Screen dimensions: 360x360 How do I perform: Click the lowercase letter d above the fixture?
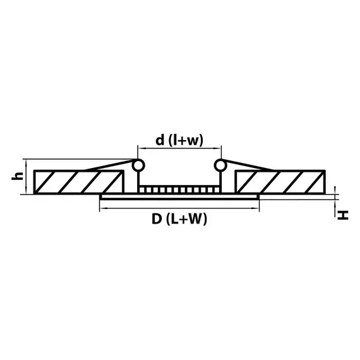tap(161, 140)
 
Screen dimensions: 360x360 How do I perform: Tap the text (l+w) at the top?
tap(186, 141)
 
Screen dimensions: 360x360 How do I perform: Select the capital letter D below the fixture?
tap(156, 219)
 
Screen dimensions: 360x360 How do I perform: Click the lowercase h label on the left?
tap(19, 177)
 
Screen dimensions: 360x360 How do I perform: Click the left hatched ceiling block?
tap(76, 183)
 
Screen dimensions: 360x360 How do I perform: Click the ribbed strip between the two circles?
tap(179, 189)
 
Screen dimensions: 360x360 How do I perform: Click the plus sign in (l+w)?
tap(186, 141)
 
